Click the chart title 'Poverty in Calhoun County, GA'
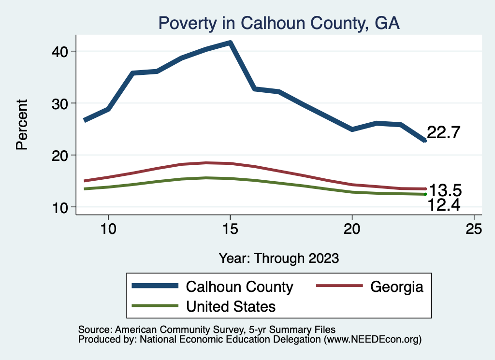(x=279, y=23)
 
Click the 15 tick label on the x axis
(x=230, y=229)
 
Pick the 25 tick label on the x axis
(x=474, y=229)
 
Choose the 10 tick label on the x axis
(x=108, y=229)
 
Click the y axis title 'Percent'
(x=22, y=124)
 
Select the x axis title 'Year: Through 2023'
(x=278, y=258)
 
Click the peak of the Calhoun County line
(x=230, y=43)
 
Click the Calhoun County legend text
(x=239, y=287)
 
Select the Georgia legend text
(x=397, y=287)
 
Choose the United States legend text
(x=231, y=306)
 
